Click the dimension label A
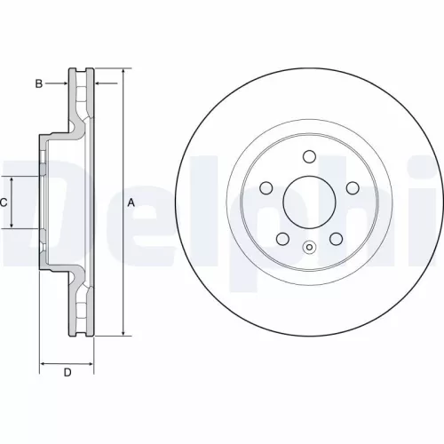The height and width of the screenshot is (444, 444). click(131, 202)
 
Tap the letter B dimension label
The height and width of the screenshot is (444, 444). click(38, 83)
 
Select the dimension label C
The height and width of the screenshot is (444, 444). click(4, 202)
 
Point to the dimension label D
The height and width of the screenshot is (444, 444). click(67, 372)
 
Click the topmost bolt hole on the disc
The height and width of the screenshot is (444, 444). click(309, 157)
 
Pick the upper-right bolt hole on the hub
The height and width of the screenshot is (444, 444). click(352, 187)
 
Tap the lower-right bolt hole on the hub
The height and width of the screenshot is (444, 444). click(336, 238)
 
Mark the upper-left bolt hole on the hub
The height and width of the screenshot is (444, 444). click(266, 187)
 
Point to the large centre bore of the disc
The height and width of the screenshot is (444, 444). click(309, 202)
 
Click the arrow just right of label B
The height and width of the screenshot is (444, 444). click(64, 83)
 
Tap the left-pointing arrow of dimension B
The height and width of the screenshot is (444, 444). click(96, 83)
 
